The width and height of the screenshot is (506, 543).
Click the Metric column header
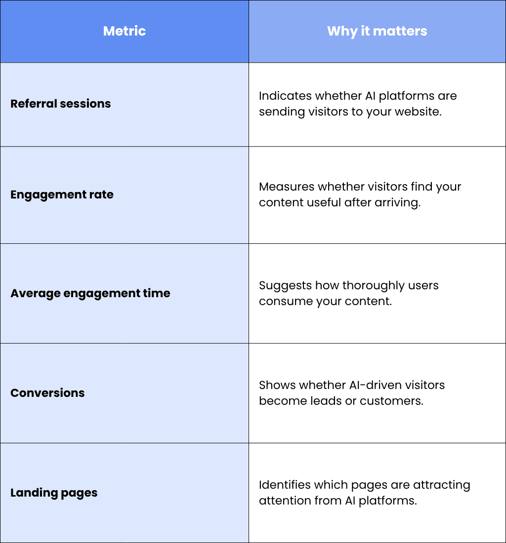point(125,31)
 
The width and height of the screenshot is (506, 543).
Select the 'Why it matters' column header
point(377,31)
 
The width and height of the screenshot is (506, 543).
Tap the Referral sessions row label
point(61,104)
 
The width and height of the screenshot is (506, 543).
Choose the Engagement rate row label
point(62,194)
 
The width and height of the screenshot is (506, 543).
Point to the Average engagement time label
point(90,293)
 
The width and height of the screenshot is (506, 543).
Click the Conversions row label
point(47,393)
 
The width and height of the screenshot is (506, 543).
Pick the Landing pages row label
point(54,493)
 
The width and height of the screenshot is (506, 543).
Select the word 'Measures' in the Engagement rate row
point(287,187)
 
